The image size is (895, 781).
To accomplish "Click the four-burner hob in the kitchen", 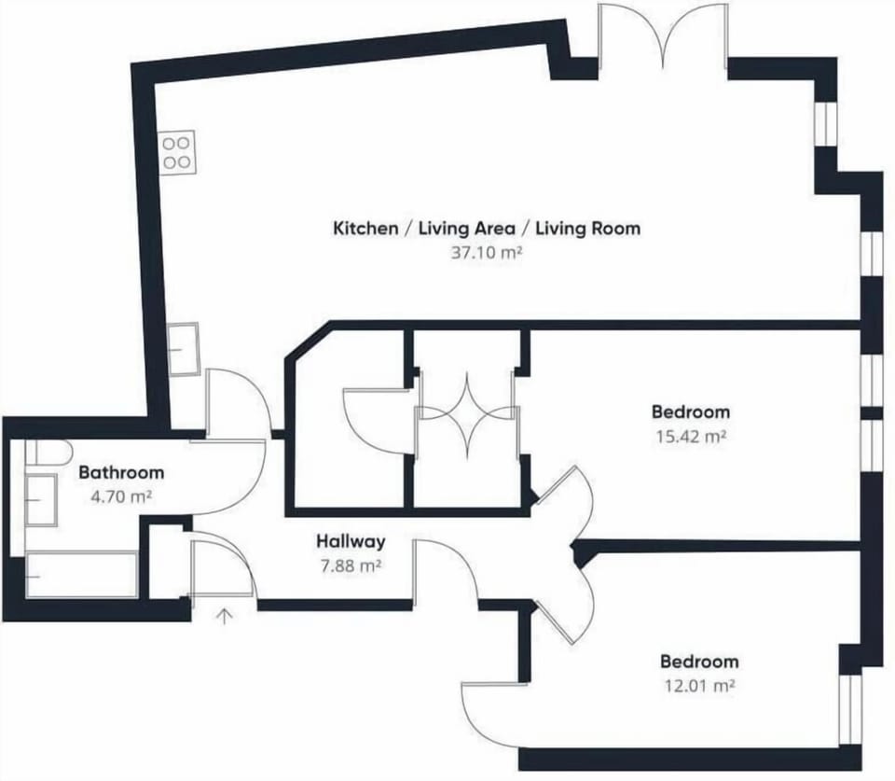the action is (177, 152).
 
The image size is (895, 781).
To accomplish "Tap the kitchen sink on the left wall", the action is (185, 349).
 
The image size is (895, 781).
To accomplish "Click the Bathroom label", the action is (121, 472).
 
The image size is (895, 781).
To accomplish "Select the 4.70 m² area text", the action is (121, 496).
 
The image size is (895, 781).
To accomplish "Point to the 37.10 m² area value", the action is (487, 252).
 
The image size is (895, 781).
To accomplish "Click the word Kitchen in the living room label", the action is (365, 229).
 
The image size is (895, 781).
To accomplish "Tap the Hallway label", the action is (351, 541).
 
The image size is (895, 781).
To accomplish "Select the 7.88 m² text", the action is (351, 566).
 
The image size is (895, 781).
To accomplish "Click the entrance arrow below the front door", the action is (226, 617).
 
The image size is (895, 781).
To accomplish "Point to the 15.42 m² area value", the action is (691, 437).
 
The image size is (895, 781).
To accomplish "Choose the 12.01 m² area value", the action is (699, 685).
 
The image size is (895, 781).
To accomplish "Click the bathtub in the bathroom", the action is (82, 575).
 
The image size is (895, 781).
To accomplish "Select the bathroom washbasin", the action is (41, 499).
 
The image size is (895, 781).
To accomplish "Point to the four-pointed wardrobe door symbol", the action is (467, 414).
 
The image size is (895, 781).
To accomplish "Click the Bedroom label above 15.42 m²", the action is (691, 411).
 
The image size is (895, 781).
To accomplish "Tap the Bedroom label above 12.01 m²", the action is (699, 661).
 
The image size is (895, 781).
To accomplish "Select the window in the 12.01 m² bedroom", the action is (849, 710).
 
